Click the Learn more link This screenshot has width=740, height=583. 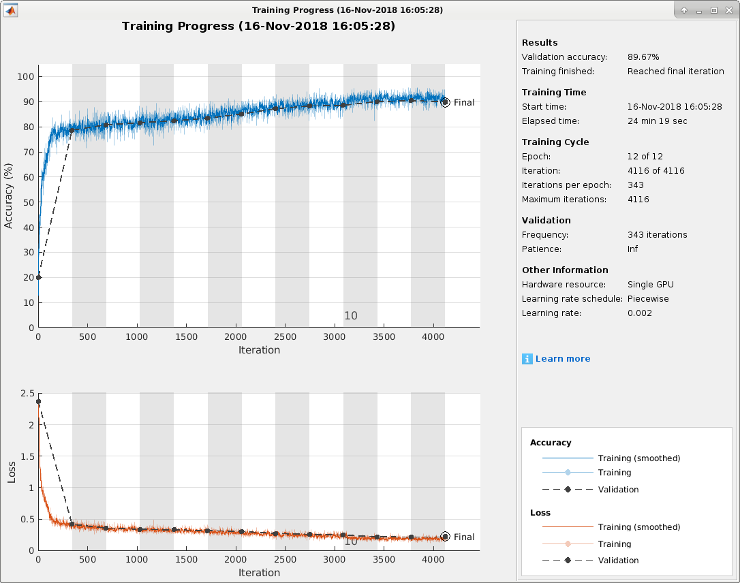coord(563,359)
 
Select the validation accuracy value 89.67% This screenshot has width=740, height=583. coord(643,57)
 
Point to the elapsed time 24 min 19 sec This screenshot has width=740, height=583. coord(657,121)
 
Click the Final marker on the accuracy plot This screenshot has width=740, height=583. coord(445,102)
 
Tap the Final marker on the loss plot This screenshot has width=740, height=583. coord(445,537)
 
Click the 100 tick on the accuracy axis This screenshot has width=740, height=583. coord(26,77)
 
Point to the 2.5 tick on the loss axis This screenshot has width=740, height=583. coord(27,394)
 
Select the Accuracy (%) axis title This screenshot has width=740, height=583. coord(9,195)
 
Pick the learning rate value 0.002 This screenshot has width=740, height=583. coord(639,313)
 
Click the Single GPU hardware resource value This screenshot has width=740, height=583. coord(650,285)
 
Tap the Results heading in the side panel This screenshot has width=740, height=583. coord(540,42)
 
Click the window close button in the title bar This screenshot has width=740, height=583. coord(728,10)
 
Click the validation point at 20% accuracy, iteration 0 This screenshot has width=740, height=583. coord(38,277)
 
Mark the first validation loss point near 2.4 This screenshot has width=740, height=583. coord(38,402)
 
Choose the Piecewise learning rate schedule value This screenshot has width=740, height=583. coord(648,299)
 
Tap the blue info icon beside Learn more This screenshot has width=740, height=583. coord(527,359)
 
